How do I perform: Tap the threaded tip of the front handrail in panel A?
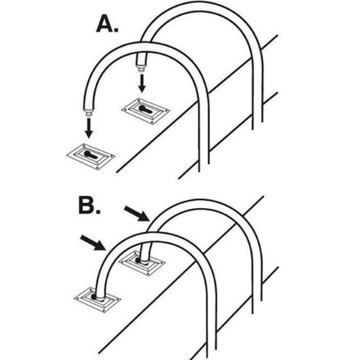coord(89,113)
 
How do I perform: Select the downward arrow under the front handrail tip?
coord(89,129)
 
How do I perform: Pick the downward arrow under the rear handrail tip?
coord(142,83)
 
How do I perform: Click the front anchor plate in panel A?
coord(91,156)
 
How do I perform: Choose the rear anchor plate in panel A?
coord(145,111)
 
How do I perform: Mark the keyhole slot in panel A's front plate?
coord(91,156)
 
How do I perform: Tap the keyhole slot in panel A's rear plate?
coord(146,110)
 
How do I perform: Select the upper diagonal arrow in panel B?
coord(137,214)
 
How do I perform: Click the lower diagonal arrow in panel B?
coord(94,243)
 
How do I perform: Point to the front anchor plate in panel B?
coord(97,300)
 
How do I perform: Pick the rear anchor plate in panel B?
coord(142,264)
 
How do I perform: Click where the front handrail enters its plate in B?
coord(99,298)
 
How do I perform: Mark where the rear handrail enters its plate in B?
coord(143,261)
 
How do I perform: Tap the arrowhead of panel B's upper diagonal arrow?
coord(145,217)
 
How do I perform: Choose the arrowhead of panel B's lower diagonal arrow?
coord(101,246)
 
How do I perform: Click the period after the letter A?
coord(116,30)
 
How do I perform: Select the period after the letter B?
coord(98,211)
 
